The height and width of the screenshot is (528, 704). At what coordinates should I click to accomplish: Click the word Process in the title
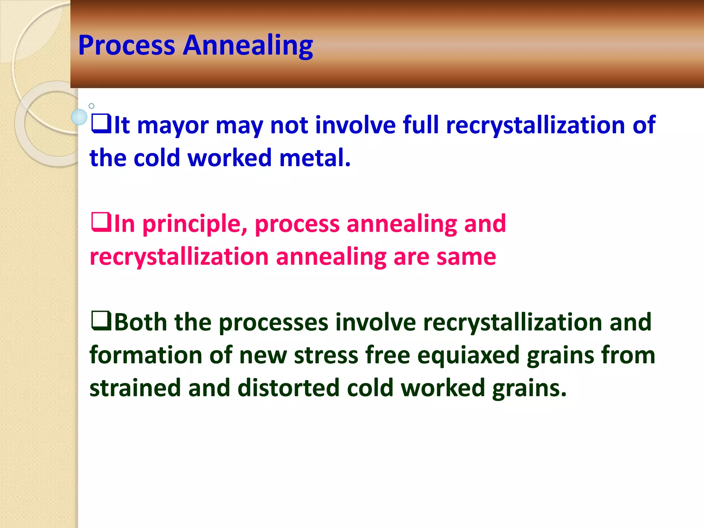[126, 45]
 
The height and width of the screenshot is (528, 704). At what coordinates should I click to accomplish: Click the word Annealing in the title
[248, 45]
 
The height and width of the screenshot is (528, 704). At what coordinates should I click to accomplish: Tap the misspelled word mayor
[173, 125]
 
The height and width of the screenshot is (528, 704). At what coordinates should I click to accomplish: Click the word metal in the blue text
[315, 158]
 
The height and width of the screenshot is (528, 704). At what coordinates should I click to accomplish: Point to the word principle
[195, 224]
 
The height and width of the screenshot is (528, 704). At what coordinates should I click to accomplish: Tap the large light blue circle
[79, 117]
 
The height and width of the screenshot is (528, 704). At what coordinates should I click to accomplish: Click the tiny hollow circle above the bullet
[91, 106]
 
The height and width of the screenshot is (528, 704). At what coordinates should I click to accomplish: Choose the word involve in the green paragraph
[376, 322]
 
